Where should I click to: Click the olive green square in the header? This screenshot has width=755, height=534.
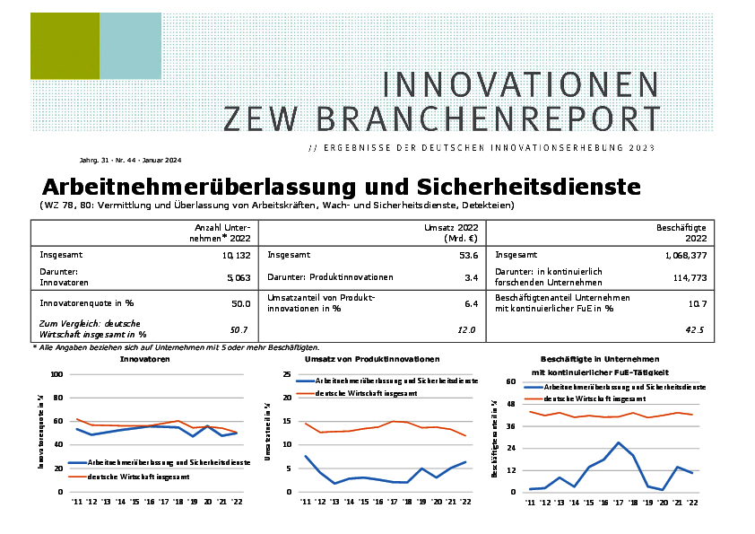click(65, 46)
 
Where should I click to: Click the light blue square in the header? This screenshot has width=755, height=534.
click(130, 46)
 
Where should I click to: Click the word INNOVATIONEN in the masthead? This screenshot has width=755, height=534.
click(521, 84)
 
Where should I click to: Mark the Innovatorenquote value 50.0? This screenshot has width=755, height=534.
click(240, 303)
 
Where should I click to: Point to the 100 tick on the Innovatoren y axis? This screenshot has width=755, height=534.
click(56, 374)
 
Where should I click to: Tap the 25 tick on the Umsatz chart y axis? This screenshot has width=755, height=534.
click(287, 374)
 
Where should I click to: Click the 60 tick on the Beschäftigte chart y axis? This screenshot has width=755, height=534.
click(512, 381)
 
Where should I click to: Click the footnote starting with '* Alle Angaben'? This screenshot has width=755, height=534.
click(176, 347)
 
